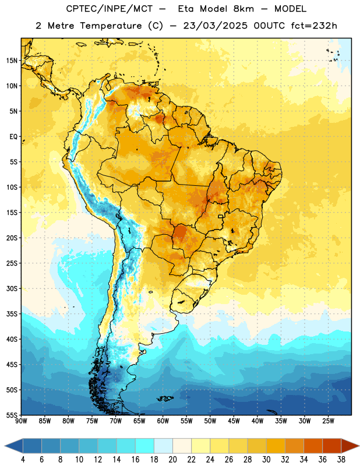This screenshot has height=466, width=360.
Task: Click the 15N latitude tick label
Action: (x=12, y=61)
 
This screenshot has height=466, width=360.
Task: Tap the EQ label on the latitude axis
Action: (x=13, y=137)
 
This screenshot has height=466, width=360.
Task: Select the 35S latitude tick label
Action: (x=12, y=314)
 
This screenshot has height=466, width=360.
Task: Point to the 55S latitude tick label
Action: (x=12, y=415)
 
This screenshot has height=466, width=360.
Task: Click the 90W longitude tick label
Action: (x=21, y=421)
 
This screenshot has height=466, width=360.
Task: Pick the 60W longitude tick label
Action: (x=163, y=421)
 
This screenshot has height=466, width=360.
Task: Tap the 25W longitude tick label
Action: (x=328, y=421)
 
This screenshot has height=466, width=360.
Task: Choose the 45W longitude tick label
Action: (x=234, y=421)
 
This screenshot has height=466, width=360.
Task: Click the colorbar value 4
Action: (x=23, y=460)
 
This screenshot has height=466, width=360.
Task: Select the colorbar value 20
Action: (x=172, y=460)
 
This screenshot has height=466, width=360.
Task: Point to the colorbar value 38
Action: (x=341, y=460)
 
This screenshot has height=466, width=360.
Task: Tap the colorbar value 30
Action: (x=266, y=460)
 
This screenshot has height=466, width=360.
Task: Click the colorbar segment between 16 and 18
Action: (x=145, y=446)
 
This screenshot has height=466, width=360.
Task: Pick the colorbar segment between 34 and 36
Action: (x=313, y=446)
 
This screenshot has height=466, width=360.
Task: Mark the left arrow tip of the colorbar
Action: (x=5, y=446)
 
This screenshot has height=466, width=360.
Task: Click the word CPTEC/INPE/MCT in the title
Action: (x=109, y=9)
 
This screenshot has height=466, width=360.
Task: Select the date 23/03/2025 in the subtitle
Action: (x=215, y=26)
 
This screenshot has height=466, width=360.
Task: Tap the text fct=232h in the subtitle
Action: (x=314, y=26)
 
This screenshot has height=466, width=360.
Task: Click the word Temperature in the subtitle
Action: (x=111, y=26)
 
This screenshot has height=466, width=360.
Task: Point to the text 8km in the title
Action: (x=243, y=9)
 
